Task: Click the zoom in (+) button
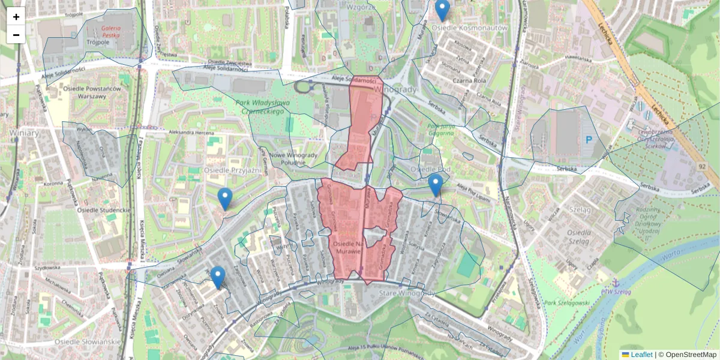[x=16, y=17]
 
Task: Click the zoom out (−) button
[x=16, y=35]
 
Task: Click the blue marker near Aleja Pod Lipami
[x=436, y=185]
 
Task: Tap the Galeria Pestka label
[x=102, y=32]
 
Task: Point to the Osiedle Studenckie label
[x=104, y=211]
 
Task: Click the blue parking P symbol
[x=588, y=140]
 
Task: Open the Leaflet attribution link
[x=641, y=355]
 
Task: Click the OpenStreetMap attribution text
[x=691, y=355]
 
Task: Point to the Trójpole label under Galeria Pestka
[x=97, y=43]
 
